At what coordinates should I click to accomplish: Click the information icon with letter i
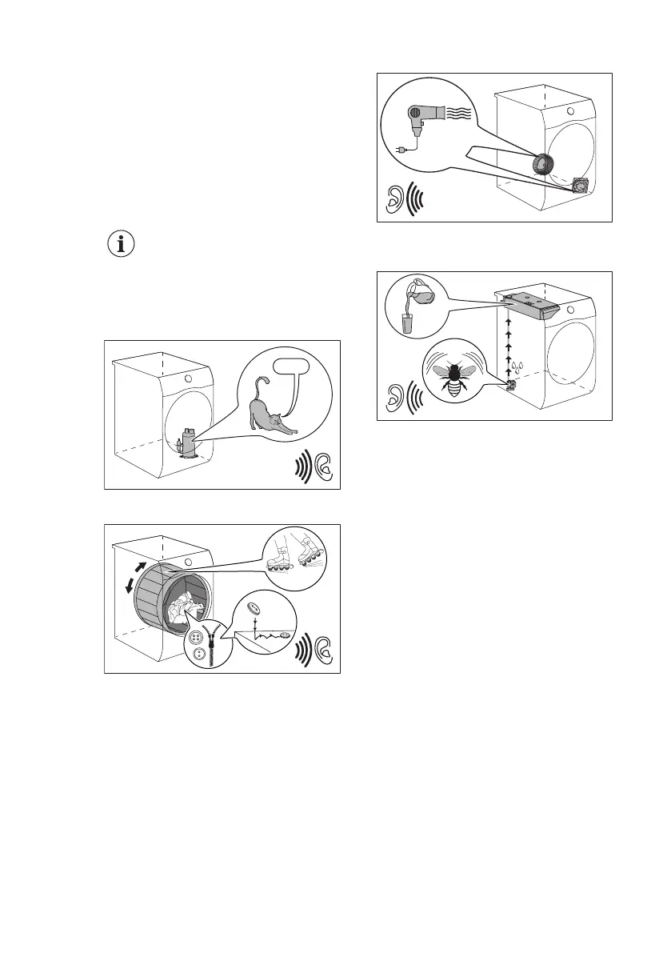[122, 246]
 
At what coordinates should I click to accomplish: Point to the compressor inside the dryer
[188, 442]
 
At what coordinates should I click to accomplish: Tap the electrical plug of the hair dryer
[403, 149]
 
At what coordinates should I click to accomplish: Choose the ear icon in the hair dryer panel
[393, 201]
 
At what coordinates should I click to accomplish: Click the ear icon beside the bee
[393, 397]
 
